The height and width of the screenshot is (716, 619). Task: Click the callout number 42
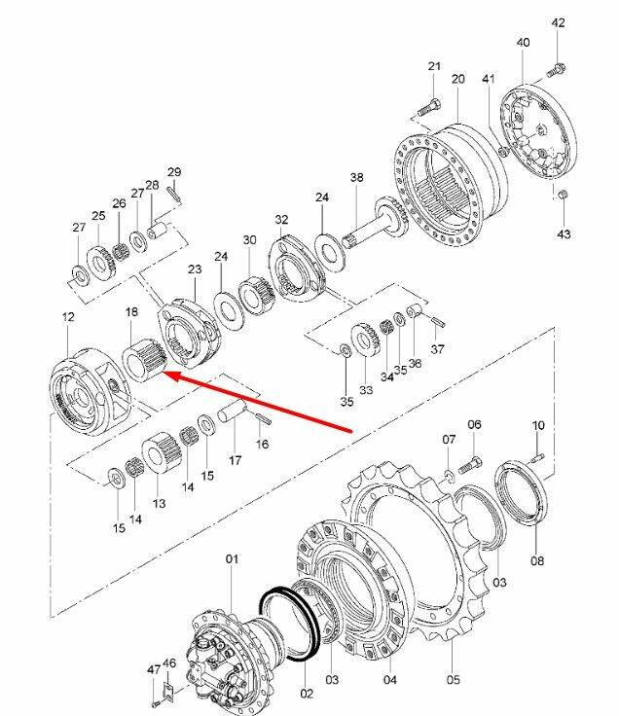point(559,22)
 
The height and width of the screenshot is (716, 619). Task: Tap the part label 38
point(357,177)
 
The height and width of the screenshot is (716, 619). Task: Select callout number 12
point(68,316)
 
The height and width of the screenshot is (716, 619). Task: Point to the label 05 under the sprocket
point(454,680)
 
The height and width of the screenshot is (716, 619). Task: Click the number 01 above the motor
point(232,559)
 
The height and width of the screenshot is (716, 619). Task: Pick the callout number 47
point(154,669)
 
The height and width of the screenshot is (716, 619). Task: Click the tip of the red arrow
point(164,373)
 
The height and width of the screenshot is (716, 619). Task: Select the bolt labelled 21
point(429,109)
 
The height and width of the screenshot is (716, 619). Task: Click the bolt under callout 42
point(557,70)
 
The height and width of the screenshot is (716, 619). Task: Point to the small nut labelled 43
point(564,195)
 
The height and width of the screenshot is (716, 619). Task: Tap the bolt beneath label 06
point(469,466)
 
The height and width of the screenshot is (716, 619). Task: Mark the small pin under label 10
point(537,456)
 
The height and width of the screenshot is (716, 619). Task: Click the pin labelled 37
point(438,321)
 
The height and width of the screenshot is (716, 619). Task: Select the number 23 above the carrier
point(195,268)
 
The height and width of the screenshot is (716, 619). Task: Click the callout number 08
point(537,560)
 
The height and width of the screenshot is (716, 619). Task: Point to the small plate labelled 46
point(169,691)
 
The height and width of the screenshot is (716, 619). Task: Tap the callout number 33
point(366,390)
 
